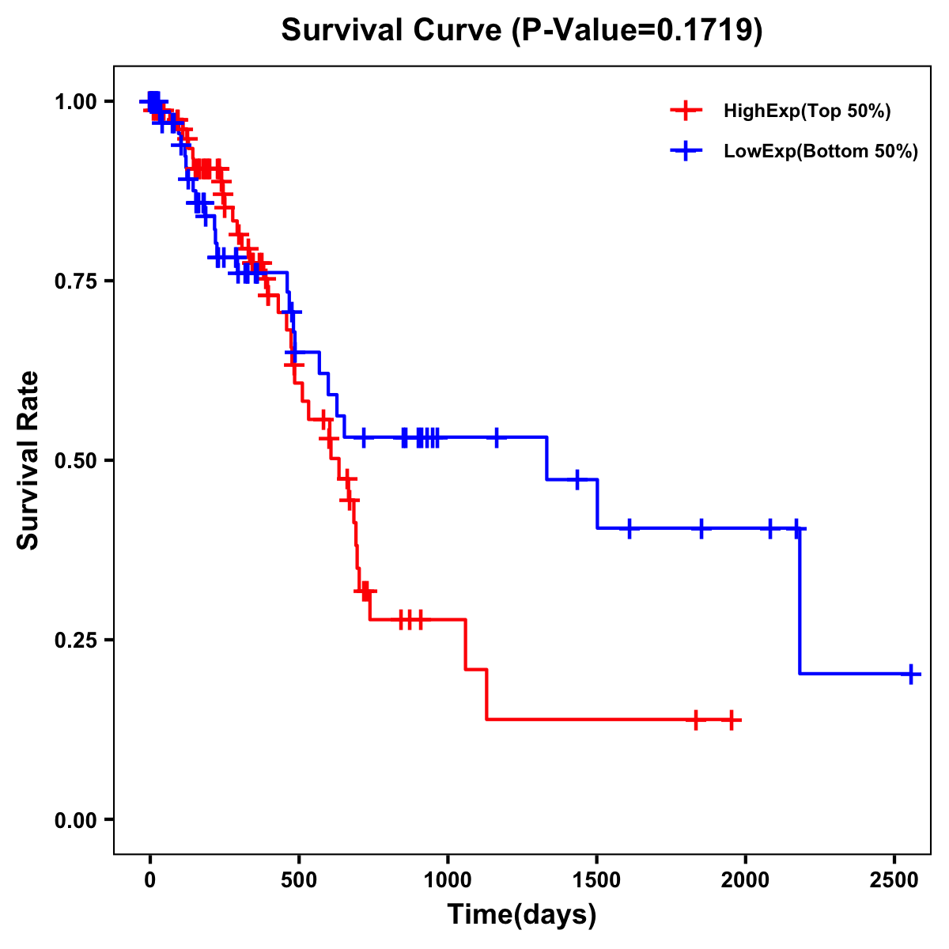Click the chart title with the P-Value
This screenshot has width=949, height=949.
(522, 31)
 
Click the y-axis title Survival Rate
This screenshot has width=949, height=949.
(28, 460)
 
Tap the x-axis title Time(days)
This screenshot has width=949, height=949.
(522, 915)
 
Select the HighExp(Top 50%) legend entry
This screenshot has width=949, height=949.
(807, 112)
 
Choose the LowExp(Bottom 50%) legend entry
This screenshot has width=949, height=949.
(821, 152)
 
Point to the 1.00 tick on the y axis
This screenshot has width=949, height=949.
(75, 102)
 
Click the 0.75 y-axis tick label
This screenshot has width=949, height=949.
(75, 282)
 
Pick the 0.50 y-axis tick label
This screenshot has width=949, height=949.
(75, 461)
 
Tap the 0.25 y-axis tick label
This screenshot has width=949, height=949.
(75, 641)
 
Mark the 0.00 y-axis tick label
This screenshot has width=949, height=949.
(75, 820)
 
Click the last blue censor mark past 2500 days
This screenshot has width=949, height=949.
(911, 675)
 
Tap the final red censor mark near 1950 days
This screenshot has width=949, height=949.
(732, 720)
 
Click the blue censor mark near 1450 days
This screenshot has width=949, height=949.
(577, 479)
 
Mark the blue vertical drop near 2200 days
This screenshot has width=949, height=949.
(800, 601)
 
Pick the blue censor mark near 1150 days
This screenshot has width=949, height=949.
(496, 437)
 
